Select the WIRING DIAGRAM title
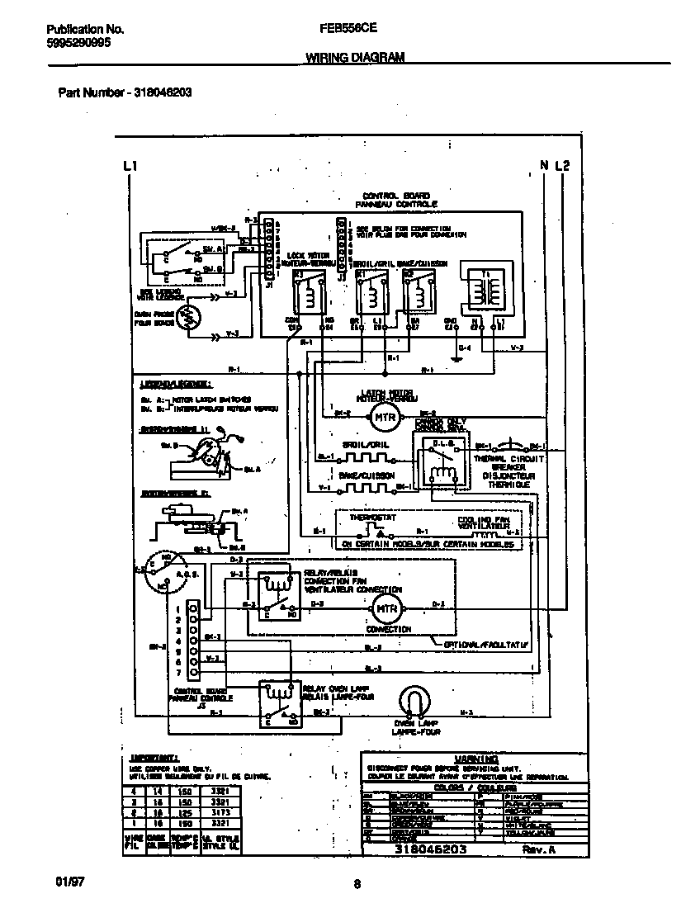355,58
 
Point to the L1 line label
128,166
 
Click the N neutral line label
545,166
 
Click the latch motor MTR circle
381,418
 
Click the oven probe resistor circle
189,318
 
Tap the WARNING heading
475,759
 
